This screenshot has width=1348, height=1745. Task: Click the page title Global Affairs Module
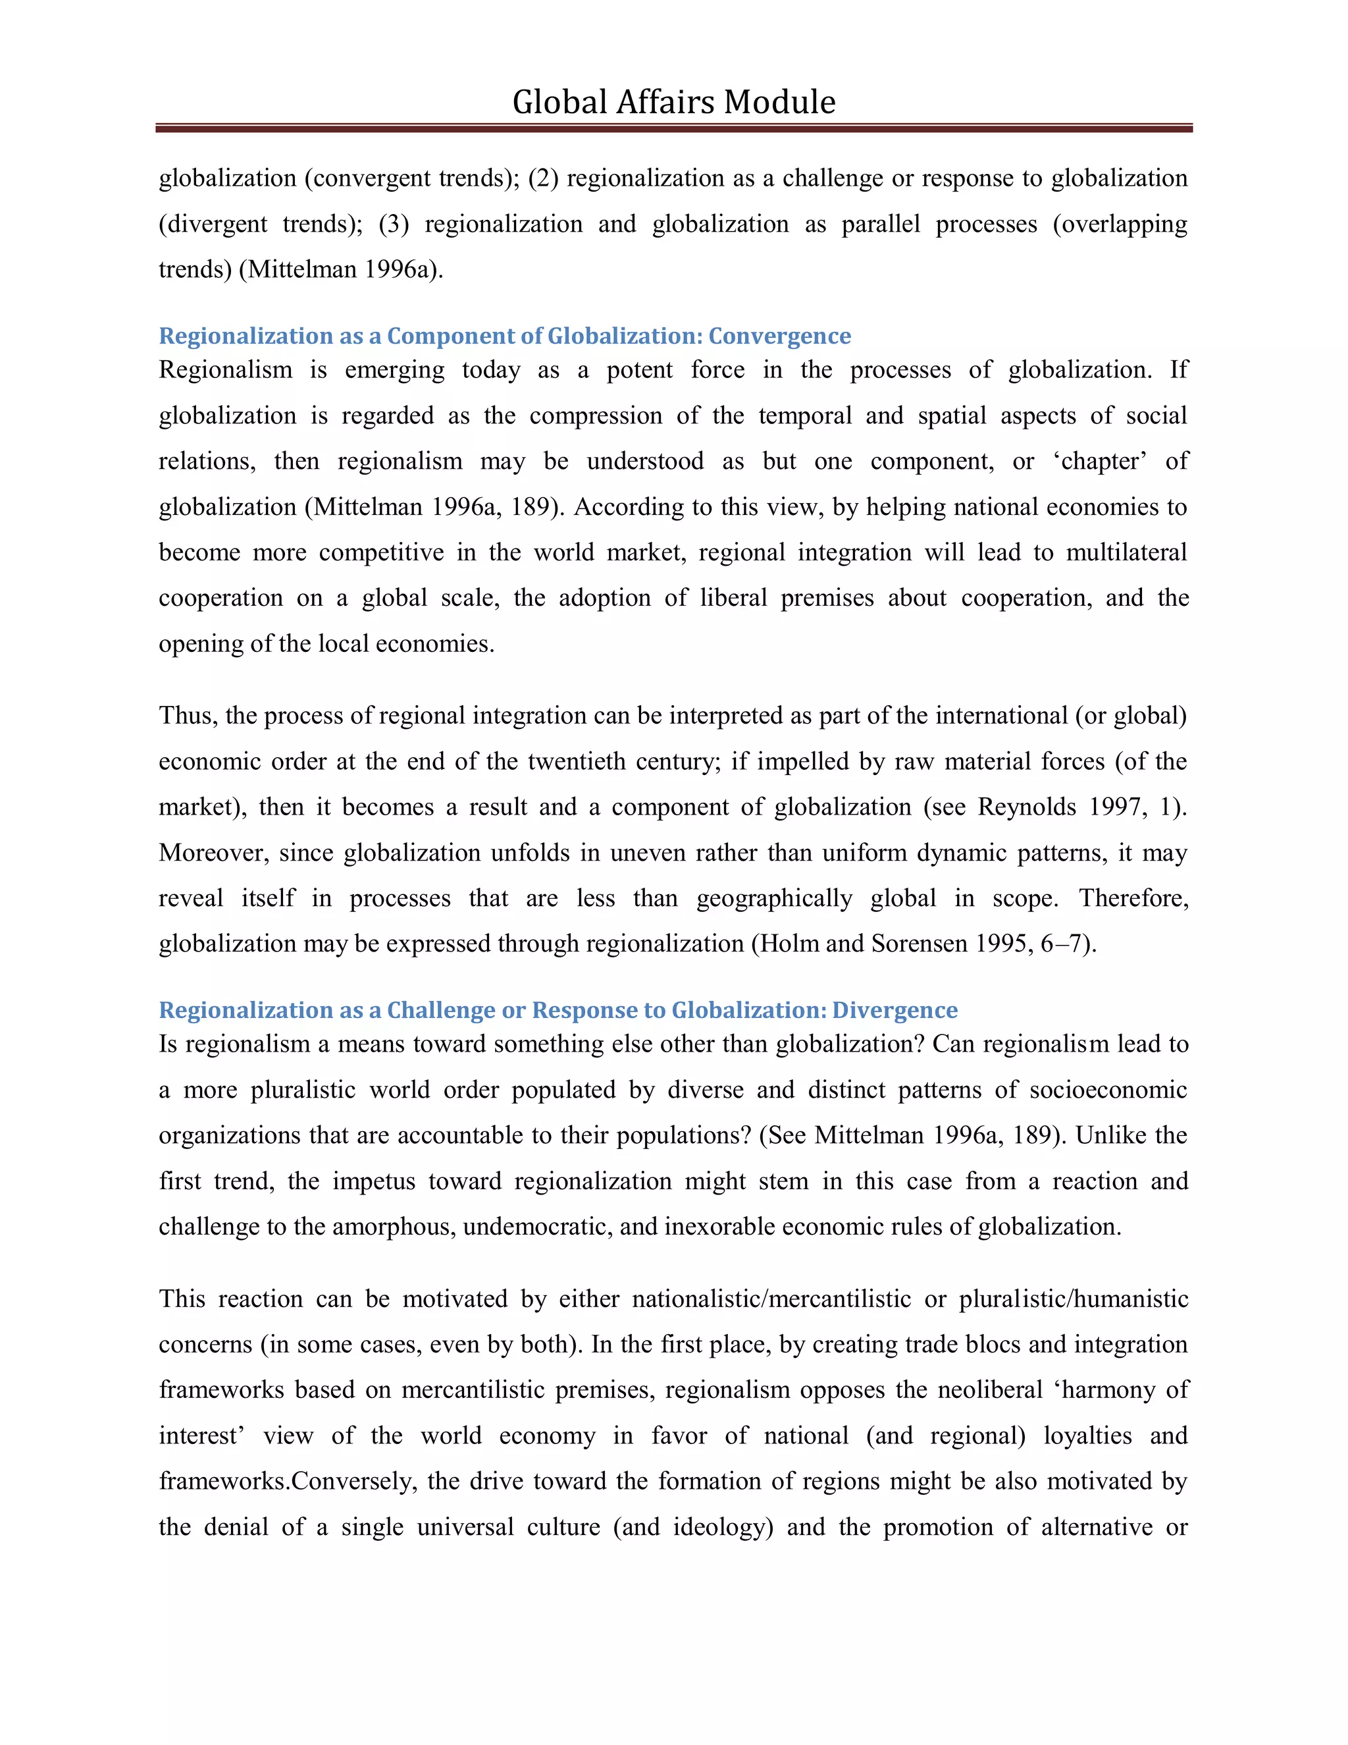point(673,102)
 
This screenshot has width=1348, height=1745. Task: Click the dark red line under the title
point(673,128)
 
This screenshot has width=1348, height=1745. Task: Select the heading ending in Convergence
point(505,336)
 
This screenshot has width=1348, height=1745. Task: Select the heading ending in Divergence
point(557,1010)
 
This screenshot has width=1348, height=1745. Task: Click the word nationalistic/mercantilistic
point(771,1299)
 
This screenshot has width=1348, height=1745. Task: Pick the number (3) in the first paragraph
point(394,224)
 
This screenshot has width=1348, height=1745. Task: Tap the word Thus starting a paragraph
point(187,715)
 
